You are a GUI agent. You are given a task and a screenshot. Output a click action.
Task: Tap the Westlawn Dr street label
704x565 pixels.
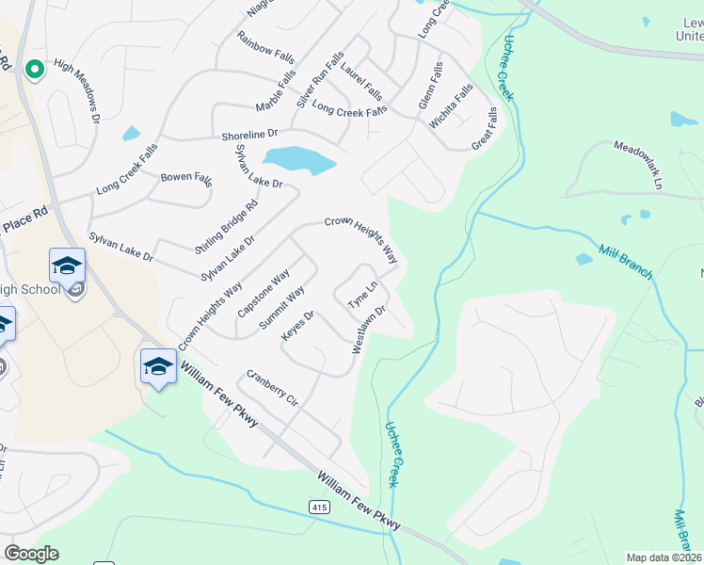[370, 328]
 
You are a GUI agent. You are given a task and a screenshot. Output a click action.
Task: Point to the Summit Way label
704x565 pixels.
[281, 307]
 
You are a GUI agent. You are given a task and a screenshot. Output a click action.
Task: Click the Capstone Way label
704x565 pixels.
[263, 294]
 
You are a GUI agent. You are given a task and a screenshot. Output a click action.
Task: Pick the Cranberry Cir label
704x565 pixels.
[272, 387]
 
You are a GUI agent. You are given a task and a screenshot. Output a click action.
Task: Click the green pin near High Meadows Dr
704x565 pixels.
[35, 69]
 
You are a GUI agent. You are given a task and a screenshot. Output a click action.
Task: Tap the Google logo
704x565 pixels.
[31, 554]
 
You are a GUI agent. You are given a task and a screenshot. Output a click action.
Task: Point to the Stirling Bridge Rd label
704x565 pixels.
[226, 227]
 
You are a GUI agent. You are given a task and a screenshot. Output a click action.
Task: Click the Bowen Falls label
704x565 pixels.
[186, 177]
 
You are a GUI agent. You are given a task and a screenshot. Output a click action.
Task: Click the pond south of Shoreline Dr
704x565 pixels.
[299, 159]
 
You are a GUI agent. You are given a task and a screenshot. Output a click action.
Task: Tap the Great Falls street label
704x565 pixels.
[484, 128]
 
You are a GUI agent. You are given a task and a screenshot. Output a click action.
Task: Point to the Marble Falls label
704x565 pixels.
[276, 89]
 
